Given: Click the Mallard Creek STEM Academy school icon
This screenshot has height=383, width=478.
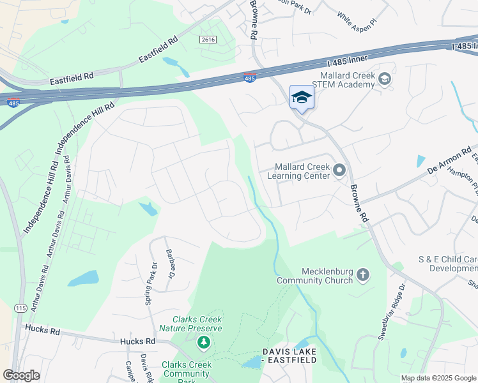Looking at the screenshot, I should click(384, 79).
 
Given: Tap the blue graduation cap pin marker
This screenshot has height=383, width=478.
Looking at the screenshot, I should click(302, 98).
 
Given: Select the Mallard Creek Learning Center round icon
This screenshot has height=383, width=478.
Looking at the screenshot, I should click(339, 170).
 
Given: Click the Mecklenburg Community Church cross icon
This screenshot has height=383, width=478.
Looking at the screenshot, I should click(363, 274).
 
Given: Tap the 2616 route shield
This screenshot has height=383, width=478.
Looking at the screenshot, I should click(208, 40).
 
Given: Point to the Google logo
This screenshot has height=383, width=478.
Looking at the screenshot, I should click(21, 375).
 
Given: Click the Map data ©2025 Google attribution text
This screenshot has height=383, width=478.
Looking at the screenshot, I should click(438, 378).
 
